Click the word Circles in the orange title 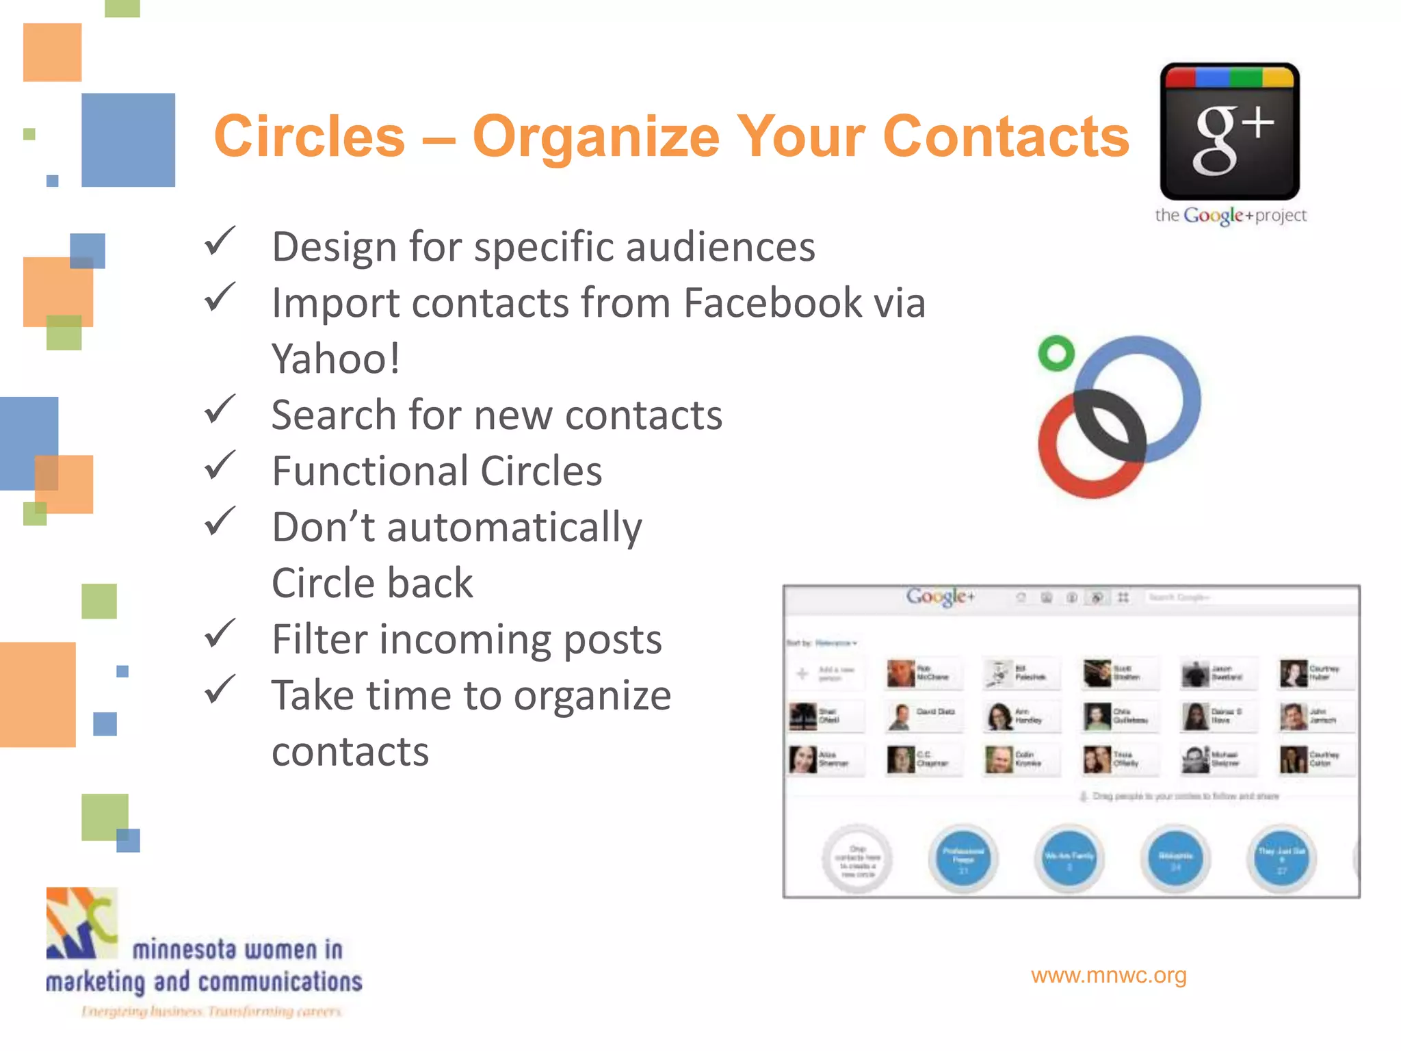tap(310, 136)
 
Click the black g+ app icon tap(1229, 131)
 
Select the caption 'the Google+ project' tap(1230, 216)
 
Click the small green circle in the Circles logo tap(1056, 353)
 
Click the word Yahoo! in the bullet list tap(335, 359)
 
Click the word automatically tap(514, 528)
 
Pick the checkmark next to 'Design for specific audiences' tap(220, 241)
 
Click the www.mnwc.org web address tap(1108, 975)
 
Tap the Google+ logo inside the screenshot tap(940, 597)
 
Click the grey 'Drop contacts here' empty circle tap(857, 859)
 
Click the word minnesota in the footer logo tap(184, 950)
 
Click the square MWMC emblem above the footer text tap(81, 922)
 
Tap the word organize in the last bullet tap(592, 696)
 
